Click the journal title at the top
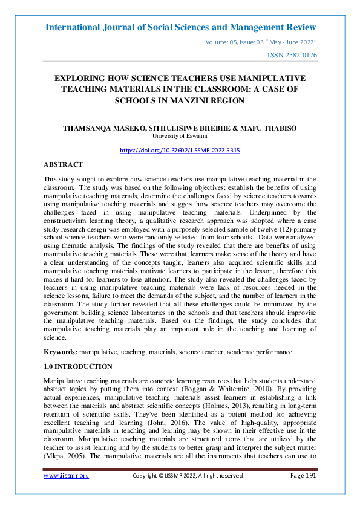pos(180,28)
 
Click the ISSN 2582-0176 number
pos(292,56)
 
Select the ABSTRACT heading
pos(63,164)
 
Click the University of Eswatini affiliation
pos(180,137)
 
